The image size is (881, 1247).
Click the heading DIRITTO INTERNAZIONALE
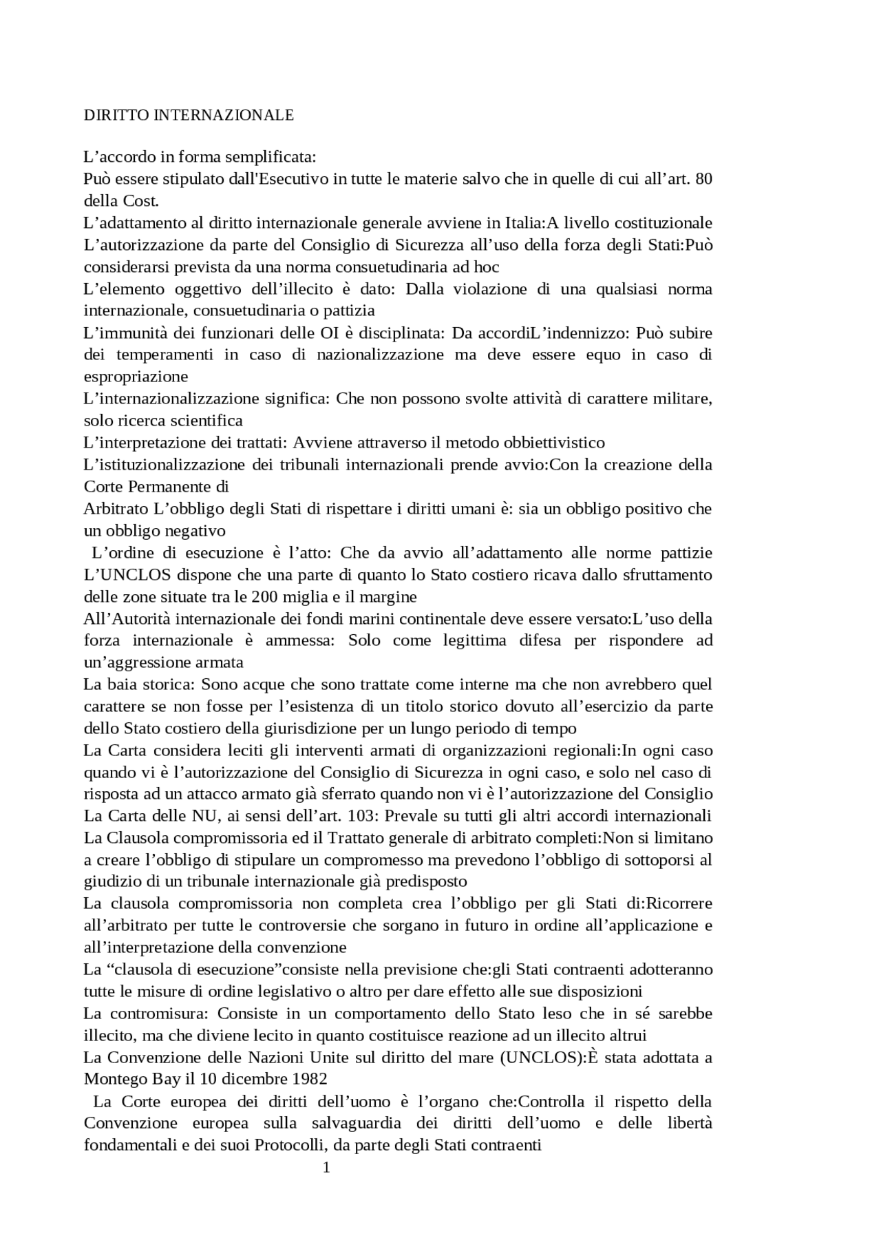tap(189, 115)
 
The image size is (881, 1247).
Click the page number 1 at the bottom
tap(327, 1167)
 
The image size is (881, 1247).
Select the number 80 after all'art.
tap(703, 179)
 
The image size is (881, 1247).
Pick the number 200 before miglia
tap(264, 596)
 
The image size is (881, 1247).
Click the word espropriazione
tap(136, 377)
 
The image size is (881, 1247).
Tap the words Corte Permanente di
tap(156, 486)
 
